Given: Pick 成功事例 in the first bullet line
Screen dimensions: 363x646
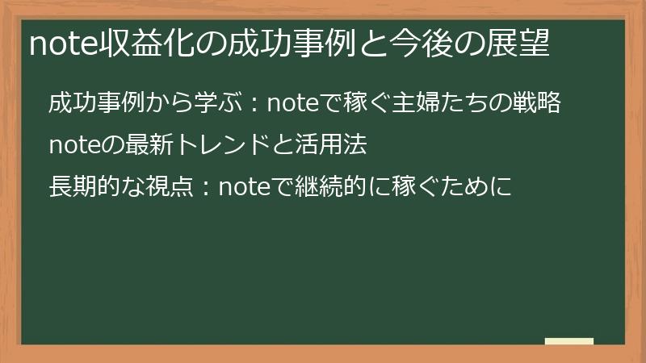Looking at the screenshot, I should [x=98, y=104].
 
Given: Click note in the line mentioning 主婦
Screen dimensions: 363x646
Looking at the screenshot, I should [x=294, y=104].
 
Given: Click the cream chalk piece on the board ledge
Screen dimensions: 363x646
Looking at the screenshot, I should [x=569, y=340].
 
